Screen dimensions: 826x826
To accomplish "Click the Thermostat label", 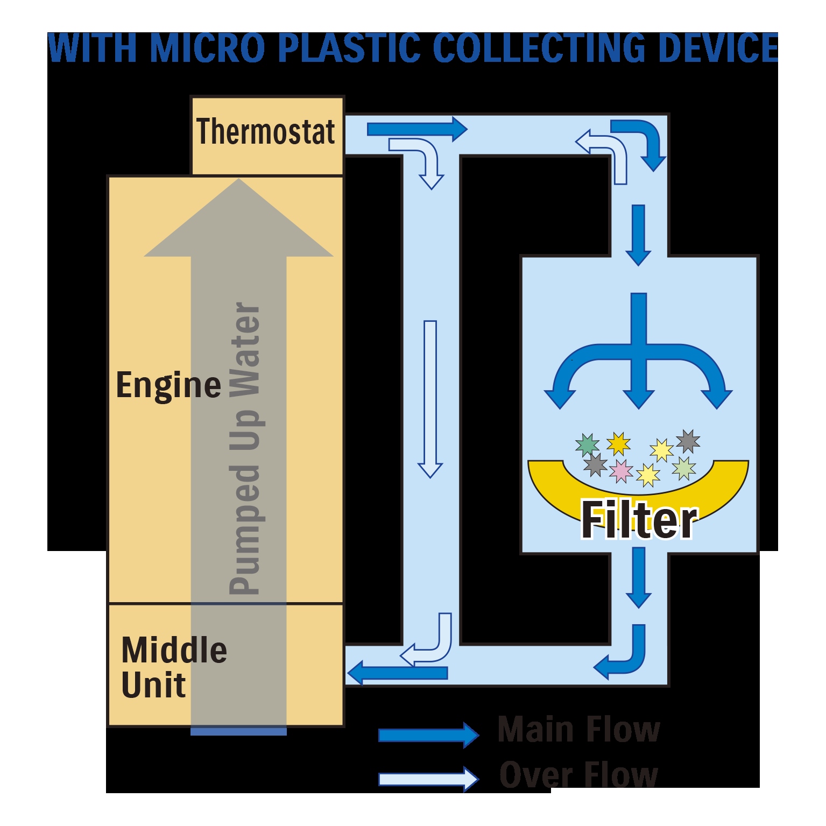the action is coord(265,132).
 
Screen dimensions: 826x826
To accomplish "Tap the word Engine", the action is coord(168,385).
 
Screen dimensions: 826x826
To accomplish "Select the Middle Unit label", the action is coord(174,667).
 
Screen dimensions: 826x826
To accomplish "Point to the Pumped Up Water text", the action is coord(245,448).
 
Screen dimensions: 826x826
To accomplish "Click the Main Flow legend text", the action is coord(578,730).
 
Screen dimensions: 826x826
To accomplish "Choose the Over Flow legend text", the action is coord(578,775).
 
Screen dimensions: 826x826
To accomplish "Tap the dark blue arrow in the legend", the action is coord(428,735).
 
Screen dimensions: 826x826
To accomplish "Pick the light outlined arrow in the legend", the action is coord(428,779).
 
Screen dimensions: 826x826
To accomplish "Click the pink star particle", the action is coord(620,471).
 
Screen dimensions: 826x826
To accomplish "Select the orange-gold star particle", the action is coord(618,444).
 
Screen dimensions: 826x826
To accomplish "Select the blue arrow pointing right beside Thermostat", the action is coord(417,129).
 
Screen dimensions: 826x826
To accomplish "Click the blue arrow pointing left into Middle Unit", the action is coord(398,673).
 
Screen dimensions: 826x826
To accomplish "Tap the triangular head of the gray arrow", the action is coord(238,218).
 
